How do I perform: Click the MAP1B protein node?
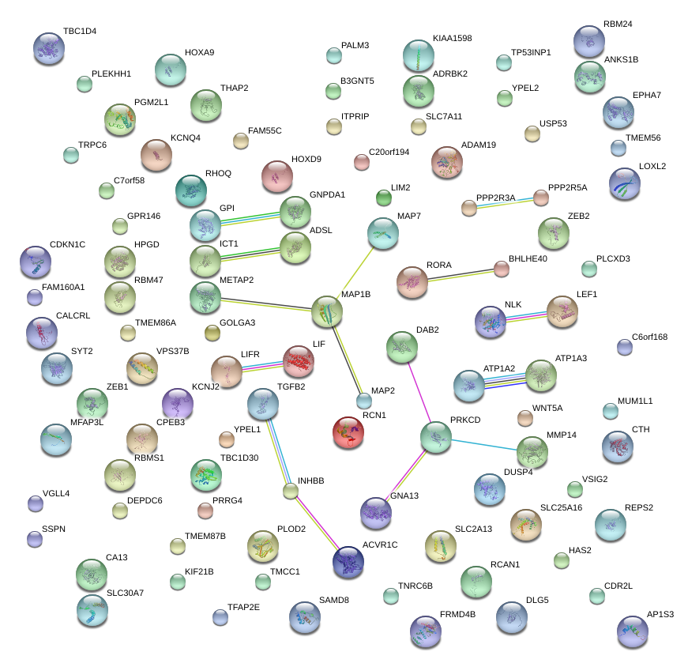pyautogui.click(x=327, y=311)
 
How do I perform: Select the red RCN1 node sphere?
pyautogui.click(x=348, y=432)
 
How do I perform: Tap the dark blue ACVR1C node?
pyautogui.click(x=348, y=562)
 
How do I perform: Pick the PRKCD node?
pyautogui.click(x=436, y=437)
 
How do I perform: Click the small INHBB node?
pyautogui.click(x=291, y=491)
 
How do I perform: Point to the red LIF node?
pyautogui.click(x=299, y=362)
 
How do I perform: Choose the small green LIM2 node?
pyautogui.click(x=384, y=198)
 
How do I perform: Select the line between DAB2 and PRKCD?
pyautogui.click(x=419, y=392)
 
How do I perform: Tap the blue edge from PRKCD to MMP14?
pyautogui.click(x=484, y=445)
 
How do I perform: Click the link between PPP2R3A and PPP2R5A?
pyautogui.click(x=505, y=202)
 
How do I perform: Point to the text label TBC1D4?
pyautogui.click(x=80, y=31)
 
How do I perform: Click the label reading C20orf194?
pyautogui.click(x=389, y=152)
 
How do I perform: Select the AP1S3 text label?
pyautogui.click(x=660, y=614)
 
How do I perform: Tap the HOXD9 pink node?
pyautogui.click(x=277, y=176)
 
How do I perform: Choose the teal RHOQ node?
pyautogui.click(x=191, y=190)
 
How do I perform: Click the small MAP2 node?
pyautogui.click(x=363, y=401)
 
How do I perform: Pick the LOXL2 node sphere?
pyautogui.click(x=625, y=183)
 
